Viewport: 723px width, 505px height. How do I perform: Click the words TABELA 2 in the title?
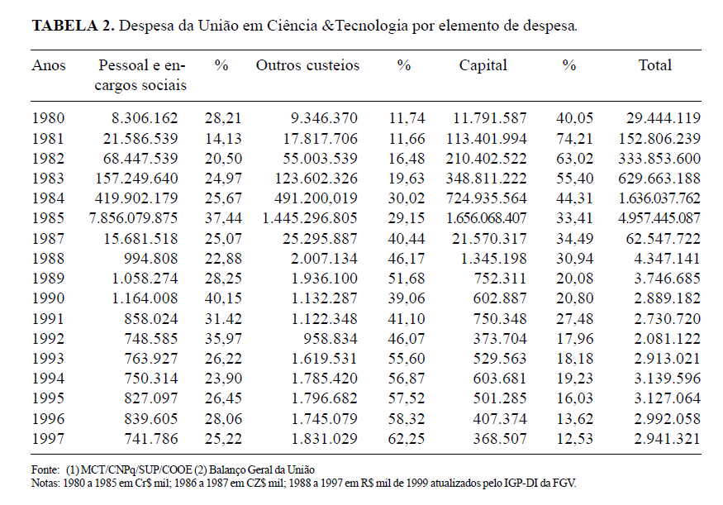[x=72, y=25]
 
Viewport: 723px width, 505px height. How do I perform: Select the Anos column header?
[x=49, y=65]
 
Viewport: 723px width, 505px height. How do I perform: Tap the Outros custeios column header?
[x=307, y=65]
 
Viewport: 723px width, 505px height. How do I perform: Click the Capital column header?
[x=483, y=65]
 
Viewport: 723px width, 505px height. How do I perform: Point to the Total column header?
[x=655, y=65]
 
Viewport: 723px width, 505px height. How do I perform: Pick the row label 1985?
[x=49, y=218]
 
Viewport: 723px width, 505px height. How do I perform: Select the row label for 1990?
[x=49, y=298]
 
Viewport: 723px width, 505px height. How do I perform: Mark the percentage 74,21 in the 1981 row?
[x=568, y=138]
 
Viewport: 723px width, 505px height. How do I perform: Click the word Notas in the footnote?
[x=45, y=482]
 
